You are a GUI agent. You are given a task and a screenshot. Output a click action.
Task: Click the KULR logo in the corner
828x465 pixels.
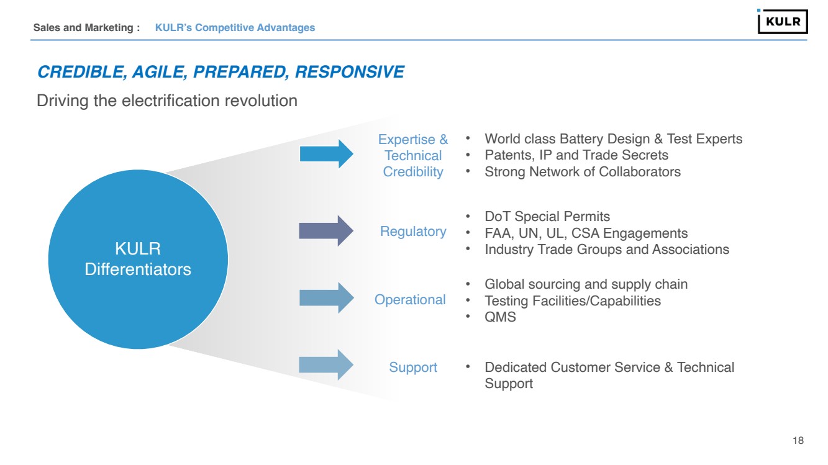tap(783, 21)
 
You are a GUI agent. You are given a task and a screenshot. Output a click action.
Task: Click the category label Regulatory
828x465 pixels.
tap(413, 232)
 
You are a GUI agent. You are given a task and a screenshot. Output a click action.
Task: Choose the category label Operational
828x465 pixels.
tap(410, 300)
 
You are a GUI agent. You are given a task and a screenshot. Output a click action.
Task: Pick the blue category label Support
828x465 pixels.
tap(413, 368)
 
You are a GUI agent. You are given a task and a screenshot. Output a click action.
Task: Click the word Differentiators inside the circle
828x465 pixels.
tap(138, 269)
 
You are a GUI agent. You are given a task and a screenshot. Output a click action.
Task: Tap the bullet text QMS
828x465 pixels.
tap(500, 317)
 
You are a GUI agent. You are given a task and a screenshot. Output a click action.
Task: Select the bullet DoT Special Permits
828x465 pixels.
tap(547, 217)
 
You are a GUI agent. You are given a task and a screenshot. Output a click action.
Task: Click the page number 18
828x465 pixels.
tap(798, 441)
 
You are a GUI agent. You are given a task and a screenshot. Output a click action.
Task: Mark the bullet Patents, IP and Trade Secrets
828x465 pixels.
tap(576, 155)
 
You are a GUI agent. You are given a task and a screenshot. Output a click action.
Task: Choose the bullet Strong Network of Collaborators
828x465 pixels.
tap(583, 172)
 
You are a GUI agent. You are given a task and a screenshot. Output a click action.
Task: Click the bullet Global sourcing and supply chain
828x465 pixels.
tap(586, 284)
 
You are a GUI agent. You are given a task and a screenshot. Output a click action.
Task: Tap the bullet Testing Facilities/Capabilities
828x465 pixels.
tap(573, 301)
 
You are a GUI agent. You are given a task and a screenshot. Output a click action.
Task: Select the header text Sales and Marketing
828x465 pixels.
tap(86, 27)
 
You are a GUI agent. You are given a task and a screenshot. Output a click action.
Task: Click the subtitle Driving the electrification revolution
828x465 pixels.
tap(167, 100)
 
